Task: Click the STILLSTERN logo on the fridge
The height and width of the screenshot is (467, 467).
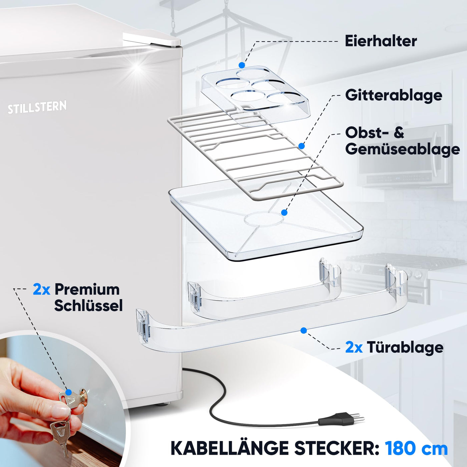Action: click(37, 107)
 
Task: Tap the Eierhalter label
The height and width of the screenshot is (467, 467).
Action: click(381, 41)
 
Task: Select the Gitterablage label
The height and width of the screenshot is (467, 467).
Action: click(394, 95)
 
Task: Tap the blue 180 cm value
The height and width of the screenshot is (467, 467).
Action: click(416, 448)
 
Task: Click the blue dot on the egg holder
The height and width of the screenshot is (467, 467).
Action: click(242, 65)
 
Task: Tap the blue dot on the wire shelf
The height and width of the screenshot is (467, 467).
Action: click(302, 146)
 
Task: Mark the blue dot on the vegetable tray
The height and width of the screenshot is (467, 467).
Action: click(284, 212)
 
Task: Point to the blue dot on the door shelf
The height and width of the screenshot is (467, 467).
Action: click(304, 330)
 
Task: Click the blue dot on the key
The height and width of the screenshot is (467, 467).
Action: click(69, 393)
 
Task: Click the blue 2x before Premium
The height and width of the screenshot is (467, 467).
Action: click(41, 290)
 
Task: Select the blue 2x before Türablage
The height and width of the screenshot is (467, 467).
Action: click(354, 348)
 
